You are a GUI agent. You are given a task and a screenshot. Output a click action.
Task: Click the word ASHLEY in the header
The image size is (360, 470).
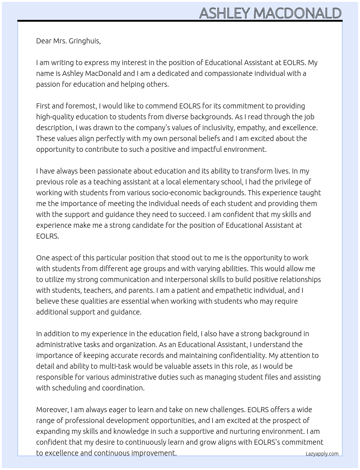point(224,13)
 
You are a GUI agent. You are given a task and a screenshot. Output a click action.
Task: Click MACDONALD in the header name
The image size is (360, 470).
point(297,13)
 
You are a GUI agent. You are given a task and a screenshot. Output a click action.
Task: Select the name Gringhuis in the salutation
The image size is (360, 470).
point(85,41)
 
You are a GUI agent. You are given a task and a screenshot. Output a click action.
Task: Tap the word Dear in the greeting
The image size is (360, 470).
point(44,41)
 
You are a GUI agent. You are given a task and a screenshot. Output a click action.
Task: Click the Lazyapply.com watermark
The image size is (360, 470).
point(322,454)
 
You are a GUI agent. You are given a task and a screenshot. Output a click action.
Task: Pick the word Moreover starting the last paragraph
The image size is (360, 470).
point(52,410)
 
